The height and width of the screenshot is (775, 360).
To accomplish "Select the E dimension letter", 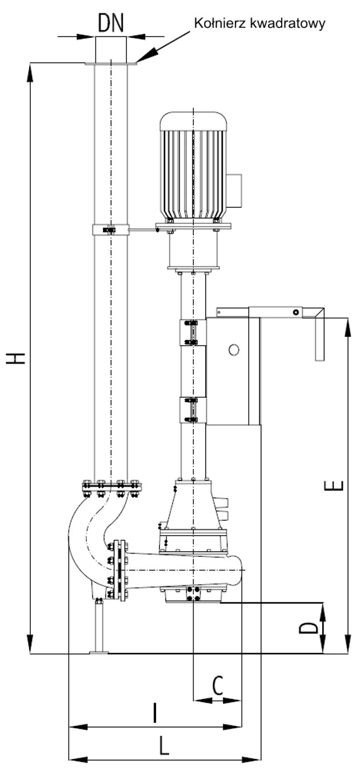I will coord(337,485).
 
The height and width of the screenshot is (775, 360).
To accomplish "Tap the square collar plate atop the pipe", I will coord(111,63).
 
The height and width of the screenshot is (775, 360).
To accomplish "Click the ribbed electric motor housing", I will coord(194,171).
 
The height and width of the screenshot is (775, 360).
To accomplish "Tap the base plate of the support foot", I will coord(98,652).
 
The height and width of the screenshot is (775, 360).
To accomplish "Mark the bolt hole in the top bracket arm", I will coord(295,312).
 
